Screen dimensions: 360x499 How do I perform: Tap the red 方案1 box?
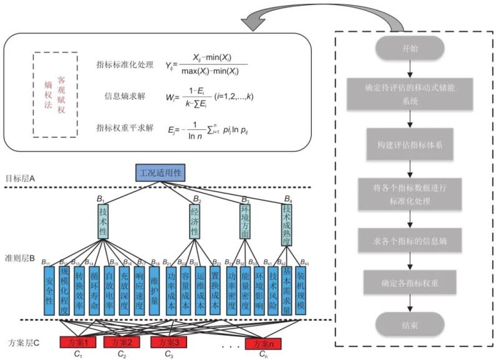(77, 342)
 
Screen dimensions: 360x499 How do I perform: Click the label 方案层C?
(25, 343)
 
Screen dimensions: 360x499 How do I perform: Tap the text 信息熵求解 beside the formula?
(125, 95)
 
